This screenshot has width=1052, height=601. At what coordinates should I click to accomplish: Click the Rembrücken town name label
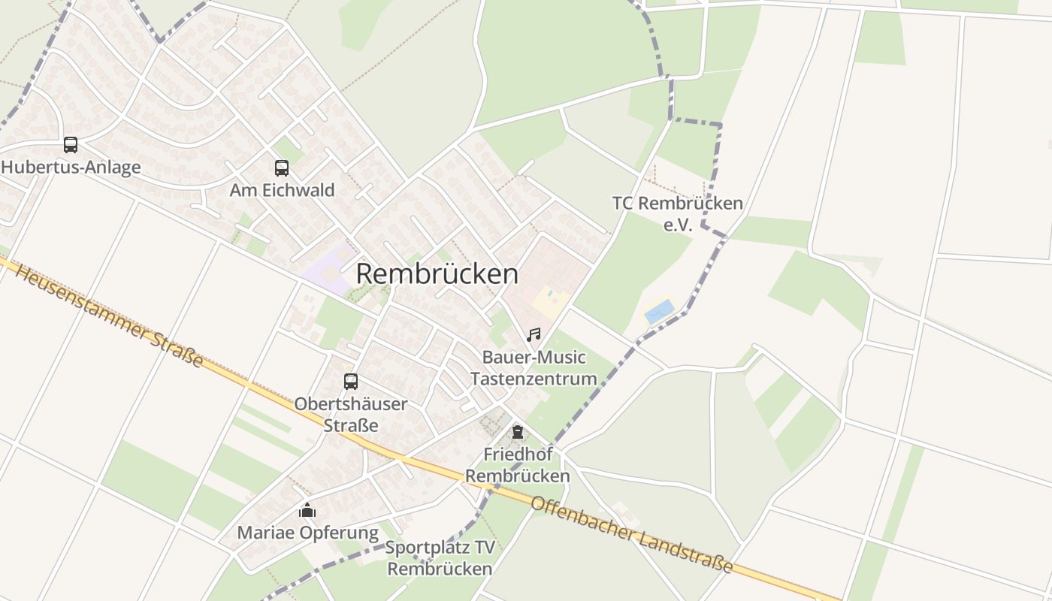[x=437, y=274]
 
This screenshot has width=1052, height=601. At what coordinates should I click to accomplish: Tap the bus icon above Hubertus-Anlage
[x=71, y=145]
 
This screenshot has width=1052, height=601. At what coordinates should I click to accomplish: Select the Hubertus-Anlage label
[x=71, y=167]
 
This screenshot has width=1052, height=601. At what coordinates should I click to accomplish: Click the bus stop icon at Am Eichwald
[x=282, y=168]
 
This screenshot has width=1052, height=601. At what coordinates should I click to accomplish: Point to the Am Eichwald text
[x=282, y=190]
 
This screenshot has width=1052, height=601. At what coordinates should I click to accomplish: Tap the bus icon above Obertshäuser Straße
[x=351, y=382]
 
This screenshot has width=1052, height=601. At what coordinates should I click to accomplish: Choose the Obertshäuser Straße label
[x=351, y=414]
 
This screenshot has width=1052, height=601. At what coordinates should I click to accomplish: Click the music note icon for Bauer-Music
[x=534, y=335]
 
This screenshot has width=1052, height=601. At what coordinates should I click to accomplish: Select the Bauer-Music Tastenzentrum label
[x=534, y=367]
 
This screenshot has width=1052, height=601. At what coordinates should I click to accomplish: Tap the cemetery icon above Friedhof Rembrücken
[x=517, y=432]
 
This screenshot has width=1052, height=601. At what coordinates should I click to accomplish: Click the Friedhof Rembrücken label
[x=517, y=464]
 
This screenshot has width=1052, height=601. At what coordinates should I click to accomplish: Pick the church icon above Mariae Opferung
[x=307, y=511]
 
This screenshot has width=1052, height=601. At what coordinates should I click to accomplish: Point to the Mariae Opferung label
[x=307, y=533]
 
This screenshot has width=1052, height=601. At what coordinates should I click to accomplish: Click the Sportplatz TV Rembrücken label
[x=440, y=557]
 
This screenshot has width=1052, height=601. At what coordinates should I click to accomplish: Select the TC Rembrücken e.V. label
[x=677, y=213]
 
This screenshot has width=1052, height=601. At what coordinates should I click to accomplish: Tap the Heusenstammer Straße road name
[x=109, y=316]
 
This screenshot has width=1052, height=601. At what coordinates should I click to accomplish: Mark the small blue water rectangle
[x=659, y=311]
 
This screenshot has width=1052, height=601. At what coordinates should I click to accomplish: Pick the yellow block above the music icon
[x=551, y=302]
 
